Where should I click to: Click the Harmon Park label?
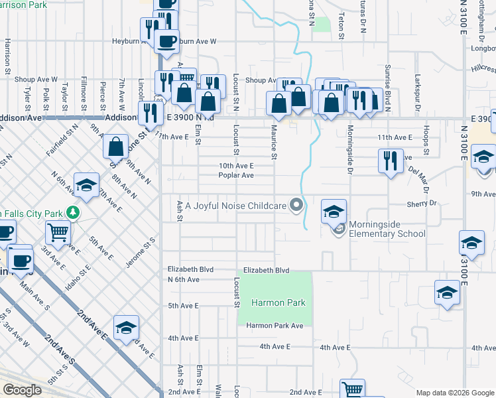(278, 302)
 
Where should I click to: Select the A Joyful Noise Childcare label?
(236, 206)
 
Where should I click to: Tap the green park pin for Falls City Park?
(74, 214)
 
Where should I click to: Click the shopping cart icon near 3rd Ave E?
(58, 232)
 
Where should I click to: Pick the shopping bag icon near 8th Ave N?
(116, 146)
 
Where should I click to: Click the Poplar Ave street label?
(237, 176)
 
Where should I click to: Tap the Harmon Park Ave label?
(275, 326)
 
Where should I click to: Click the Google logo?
(23, 390)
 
